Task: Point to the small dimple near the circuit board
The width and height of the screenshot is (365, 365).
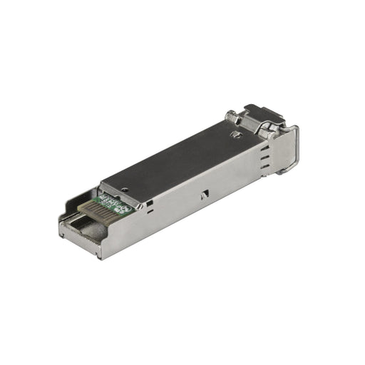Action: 126,190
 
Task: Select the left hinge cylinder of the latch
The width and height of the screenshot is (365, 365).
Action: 232,117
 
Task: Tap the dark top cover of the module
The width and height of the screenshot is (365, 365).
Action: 178,153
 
